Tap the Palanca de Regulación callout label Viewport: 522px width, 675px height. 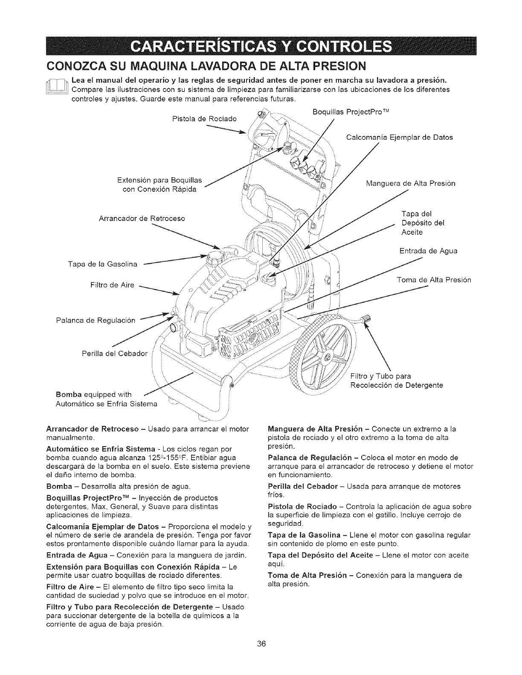96,320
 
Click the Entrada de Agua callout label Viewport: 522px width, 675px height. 428,251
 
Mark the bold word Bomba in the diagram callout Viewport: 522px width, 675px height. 69,394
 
